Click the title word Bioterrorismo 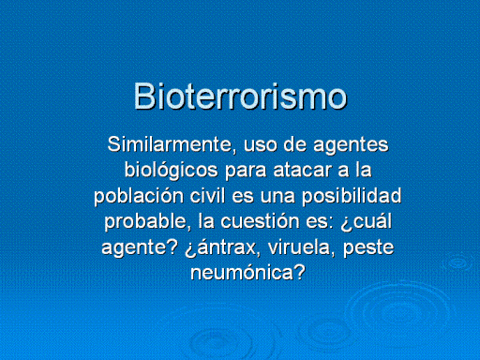pyautogui.click(x=240, y=96)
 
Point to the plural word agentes pyautogui.click(x=351, y=146)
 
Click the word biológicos pyautogui.click(x=172, y=171)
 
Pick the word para pyautogui.click(x=246, y=172)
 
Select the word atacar pyautogui.click(x=302, y=172)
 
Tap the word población pyautogui.click(x=139, y=196)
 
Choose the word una pyautogui.click(x=277, y=198)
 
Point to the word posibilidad pyautogui.click(x=352, y=197)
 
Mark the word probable pyautogui.click(x=147, y=222)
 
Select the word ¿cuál pyautogui.click(x=366, y=222)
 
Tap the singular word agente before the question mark pyautogui.click(x=135, y=248)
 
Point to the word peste pyautogui.click(x=368, y=248)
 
